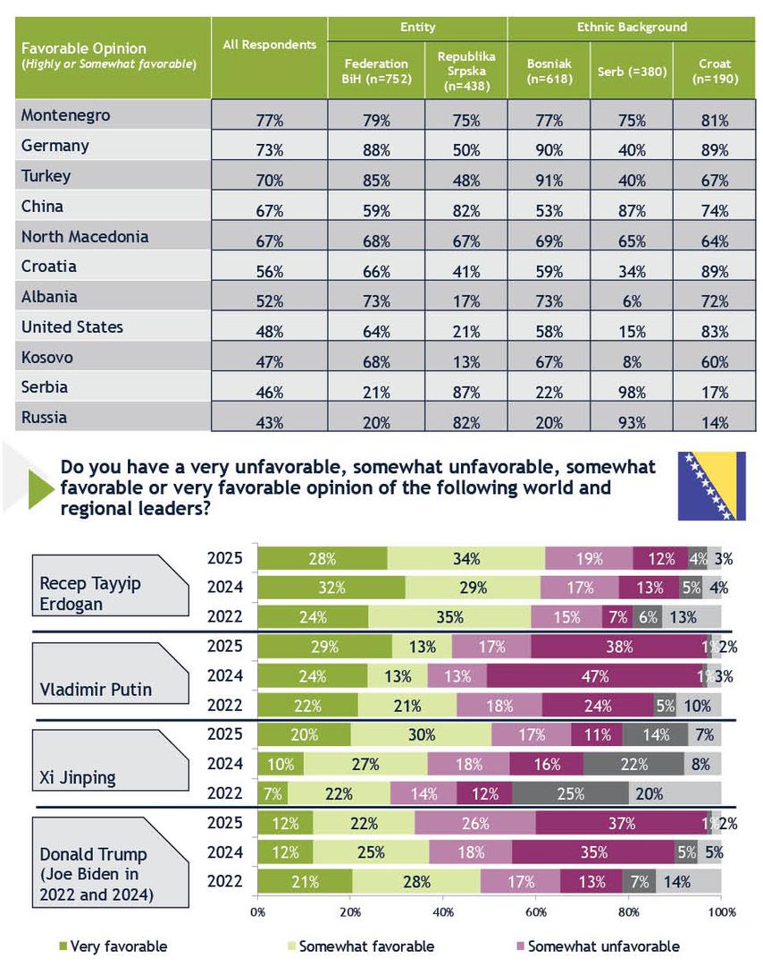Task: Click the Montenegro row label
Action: [66, 115]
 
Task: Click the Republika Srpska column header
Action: [465, 72]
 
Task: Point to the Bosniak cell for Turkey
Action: [549, 181]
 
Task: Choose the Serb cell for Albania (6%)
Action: [632, 302]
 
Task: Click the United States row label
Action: [72, 327]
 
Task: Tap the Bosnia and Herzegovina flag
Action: [711, 486]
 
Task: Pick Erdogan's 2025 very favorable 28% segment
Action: [323, 559]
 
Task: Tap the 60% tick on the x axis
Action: [535, 912]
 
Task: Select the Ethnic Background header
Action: [632, 28]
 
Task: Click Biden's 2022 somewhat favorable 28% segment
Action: [415, 881]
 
